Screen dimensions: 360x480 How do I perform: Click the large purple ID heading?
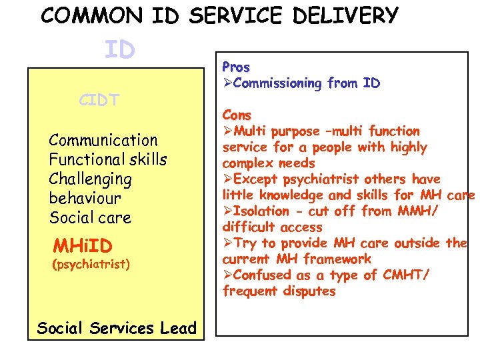(119, 49)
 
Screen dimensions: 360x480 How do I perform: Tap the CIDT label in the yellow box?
(99, 101)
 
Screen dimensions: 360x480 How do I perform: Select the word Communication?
(103, 140)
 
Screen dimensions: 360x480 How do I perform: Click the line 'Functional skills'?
(108, 159)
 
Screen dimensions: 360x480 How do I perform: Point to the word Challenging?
(90, 179)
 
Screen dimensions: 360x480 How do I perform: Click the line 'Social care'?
(90, 217)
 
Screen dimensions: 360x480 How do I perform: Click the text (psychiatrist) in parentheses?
(91, 264)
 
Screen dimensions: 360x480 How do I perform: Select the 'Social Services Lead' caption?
(117, 327)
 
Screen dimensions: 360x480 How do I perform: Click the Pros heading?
(236, 67)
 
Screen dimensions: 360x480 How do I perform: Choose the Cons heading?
(237, 115)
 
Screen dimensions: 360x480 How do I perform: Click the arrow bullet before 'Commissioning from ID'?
(227, 83)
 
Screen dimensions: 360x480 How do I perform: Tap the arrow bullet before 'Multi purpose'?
(227, 131)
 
